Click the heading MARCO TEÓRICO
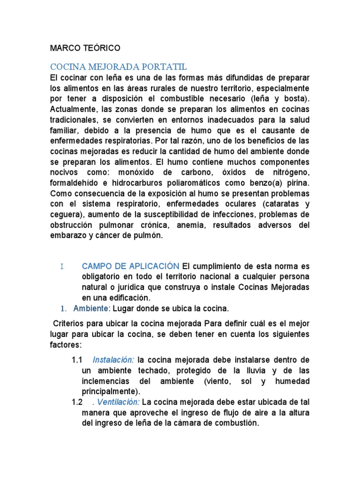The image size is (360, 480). point(85,48)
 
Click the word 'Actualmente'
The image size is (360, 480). point(72,109)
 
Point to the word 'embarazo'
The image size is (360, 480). point(66,236)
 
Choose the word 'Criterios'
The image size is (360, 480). point(70,324)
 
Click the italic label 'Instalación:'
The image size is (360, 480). point(113,360)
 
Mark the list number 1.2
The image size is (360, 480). point(77,402)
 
